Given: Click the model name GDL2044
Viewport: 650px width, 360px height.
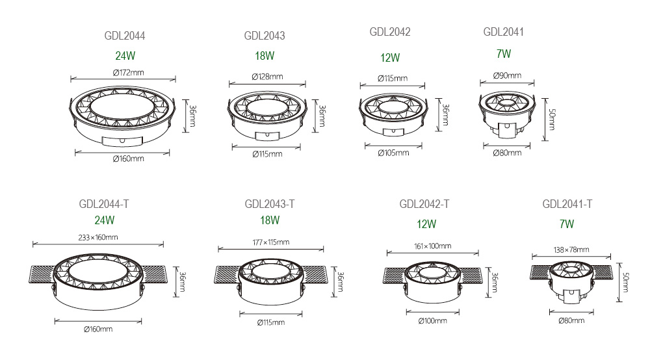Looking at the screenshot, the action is click(124, 36).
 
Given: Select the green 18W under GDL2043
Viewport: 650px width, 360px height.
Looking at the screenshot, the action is click(265, 55).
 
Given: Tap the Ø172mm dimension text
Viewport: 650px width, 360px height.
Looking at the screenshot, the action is click(128, 73).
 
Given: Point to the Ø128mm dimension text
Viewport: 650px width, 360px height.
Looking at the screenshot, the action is click(267, 77).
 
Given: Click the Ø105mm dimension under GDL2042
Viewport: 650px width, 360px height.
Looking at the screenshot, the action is click(393, 153).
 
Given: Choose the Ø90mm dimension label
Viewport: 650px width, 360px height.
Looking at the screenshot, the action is click(507, 75).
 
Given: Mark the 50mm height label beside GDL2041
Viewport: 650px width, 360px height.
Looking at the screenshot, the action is click(552, 120).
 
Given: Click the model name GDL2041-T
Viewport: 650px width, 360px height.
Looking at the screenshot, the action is click(567, 204).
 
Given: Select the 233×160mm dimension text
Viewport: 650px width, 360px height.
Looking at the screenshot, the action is click(98, 237).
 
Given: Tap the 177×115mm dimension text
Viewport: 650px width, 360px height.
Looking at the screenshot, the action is click(270, 242).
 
